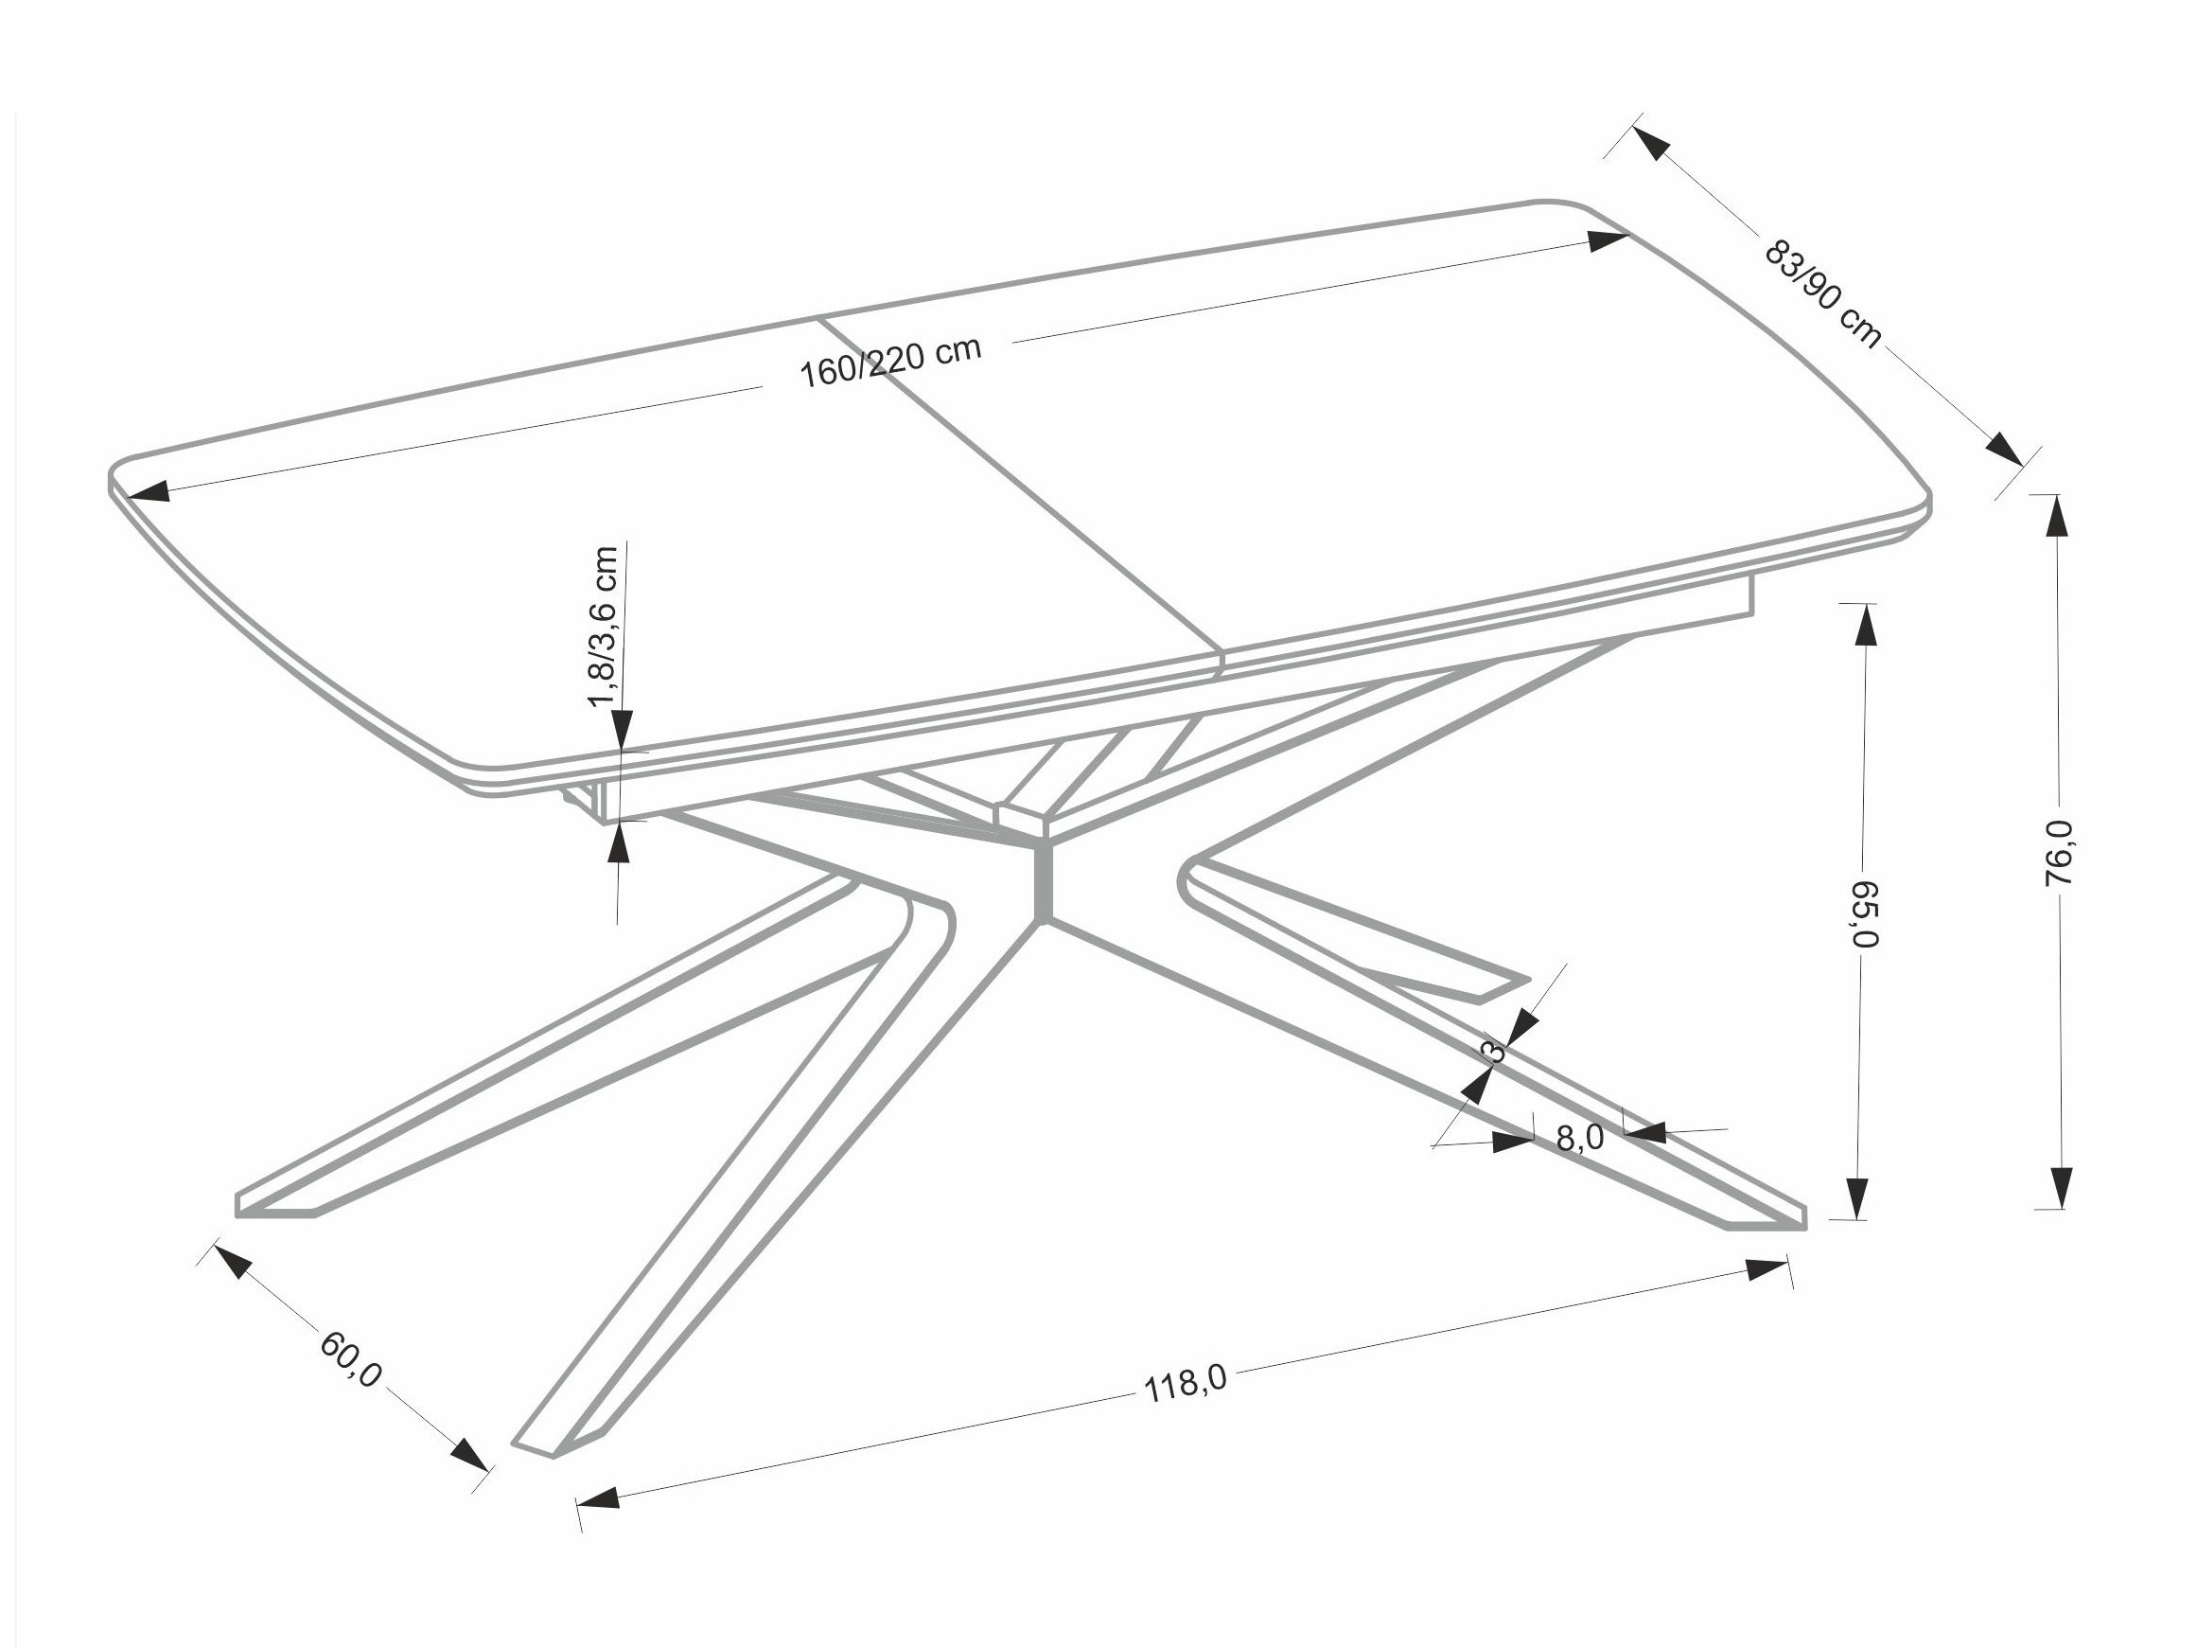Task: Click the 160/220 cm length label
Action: tap(890, 363)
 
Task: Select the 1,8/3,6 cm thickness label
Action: tap(604, 626)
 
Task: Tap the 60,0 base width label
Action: tap(351, 1359)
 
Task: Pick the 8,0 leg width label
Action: tap(1579, 1139)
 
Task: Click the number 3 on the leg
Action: tap(1492, 1050)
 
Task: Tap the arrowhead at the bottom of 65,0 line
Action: tap(1858, 1197)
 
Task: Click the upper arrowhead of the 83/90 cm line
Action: tap(1649, 142)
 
